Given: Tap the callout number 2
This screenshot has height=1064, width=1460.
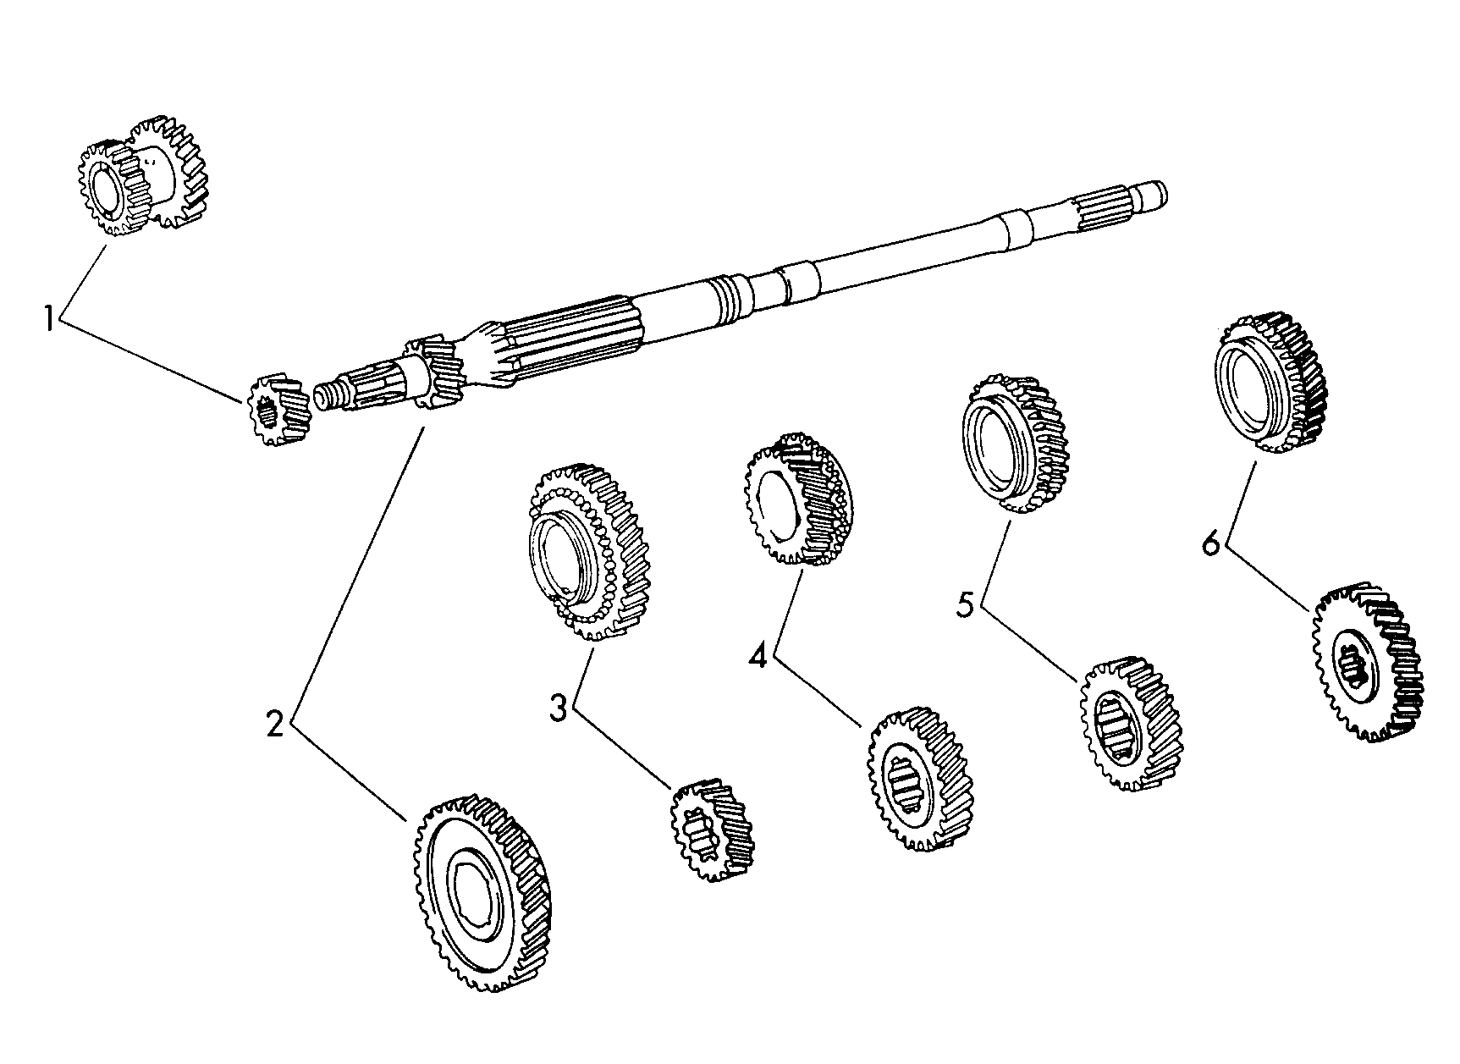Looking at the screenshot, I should pyautogui.click(x=274, y=724).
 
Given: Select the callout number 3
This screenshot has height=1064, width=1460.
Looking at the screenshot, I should pyautogui.click(x=557, y=708).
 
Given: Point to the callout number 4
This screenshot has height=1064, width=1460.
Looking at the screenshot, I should pyautogui.click(x=758, y=654).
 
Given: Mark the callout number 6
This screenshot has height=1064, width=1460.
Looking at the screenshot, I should pyautogui.click(x=1211, y=543).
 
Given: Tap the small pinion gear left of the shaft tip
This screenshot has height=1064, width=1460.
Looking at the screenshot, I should pyautogui.click(x=276, y=410).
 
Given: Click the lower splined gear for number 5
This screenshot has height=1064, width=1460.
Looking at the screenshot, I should pyautogui.click(x=1130, y=725).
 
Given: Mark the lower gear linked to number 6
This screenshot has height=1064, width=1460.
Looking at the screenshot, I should pyautogui.click(x=1366, y=661).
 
